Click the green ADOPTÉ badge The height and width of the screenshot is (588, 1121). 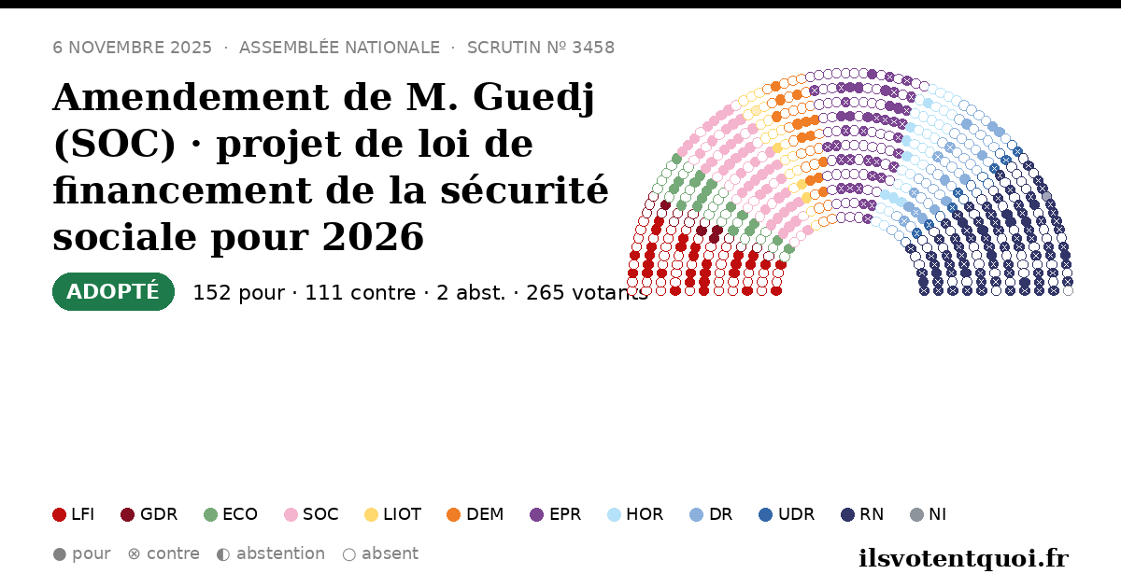pyautogui.click(x=113, y=291)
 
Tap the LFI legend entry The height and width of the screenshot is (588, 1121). pyautogui.click(x=74, y=514)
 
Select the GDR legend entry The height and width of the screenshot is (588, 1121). pyautogui.click(x=149, y=514)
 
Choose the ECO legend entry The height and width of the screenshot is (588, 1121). pyautogui.click(x=231, y=514)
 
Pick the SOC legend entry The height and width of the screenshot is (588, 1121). pyautogui.click(x=311, y=514)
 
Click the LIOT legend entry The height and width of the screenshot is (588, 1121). pyautogui.click(x=393, y=514)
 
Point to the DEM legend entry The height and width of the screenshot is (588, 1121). pyautogui.click(x=475, y=514)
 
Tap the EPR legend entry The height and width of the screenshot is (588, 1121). pyautogui.click(x=556, y=514)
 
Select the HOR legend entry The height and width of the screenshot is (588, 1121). pyautogui.click(x=635, y=514)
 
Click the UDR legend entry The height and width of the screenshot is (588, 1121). pyautogui.click(x=787, y=514)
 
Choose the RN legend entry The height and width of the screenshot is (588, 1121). pyautogui.click(x=862, y=514)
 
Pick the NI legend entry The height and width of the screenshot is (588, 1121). pyautogui.click(x=929, y=514)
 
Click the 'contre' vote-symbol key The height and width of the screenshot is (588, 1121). pyautogui.click(x=163, y=554)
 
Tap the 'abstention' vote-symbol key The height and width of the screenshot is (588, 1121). pyautogui.click(x=271, y=554)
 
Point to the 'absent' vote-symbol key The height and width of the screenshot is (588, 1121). pyautogui.click(x=381, y=554)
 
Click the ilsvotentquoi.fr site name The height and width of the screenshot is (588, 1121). pyautogui.click(x=964, y=558)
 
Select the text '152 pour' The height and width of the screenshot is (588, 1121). pyautogui.click(x=239, y=293)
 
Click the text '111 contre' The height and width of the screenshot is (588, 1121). pyautogui.click(x=361, y=293)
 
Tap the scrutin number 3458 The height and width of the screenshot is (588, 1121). pyautogui.click(x=593, y=48)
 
